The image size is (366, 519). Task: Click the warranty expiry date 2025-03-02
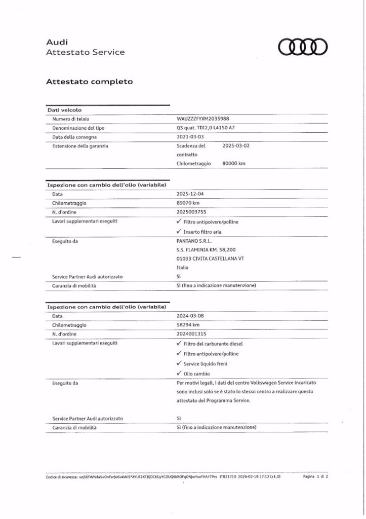(x=236, y=145)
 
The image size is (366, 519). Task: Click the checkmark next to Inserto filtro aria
(x=179, y=231)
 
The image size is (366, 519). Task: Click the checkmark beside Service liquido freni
(x=179, y=363)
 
